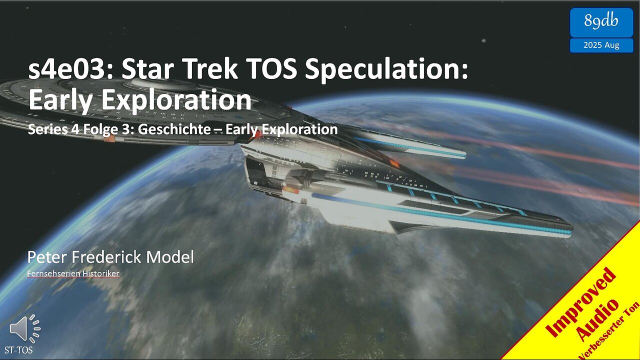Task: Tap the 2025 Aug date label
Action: coord(601,45)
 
